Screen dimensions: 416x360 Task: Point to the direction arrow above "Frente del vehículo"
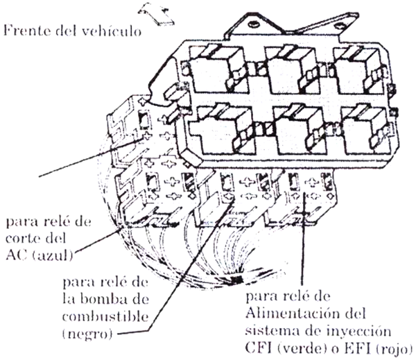pyautogui.click(x=156, y=14)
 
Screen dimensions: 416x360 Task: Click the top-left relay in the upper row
pyautogui.click(x=218, y=69)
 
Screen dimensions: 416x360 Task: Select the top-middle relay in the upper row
pyautogui.click(x=292, y=69)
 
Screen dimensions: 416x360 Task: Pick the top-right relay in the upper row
pyautogui.click(x=358, y=69)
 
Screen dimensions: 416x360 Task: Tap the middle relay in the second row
pyautogui.click(x=298, y=130)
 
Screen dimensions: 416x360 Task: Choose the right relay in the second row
pyautogui.click(x=365, y=130)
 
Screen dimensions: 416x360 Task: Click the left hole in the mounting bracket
pyautogui.click(x=254, y=24)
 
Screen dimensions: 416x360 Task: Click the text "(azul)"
pyautogui.click(x=53, y=256)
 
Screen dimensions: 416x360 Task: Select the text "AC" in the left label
pyautogui.click(x=17, y=255)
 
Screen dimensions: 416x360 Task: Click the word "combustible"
pyautogui.click(x=105, y=316)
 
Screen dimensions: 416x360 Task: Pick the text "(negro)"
pyautogui.click(x=87, y=334)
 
